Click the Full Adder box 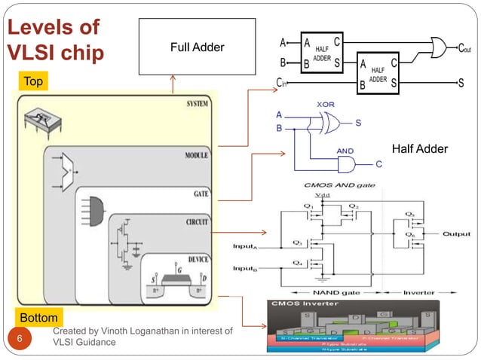[x=197, y=47]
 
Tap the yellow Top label [x=33, y=80]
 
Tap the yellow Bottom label [x=38, y=317]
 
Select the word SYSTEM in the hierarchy [x=198, y=103]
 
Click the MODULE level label [x=197, y=155]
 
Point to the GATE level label [x=201, y=194]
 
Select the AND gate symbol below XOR [x=346, y=164]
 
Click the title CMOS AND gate [x=336, y=184]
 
